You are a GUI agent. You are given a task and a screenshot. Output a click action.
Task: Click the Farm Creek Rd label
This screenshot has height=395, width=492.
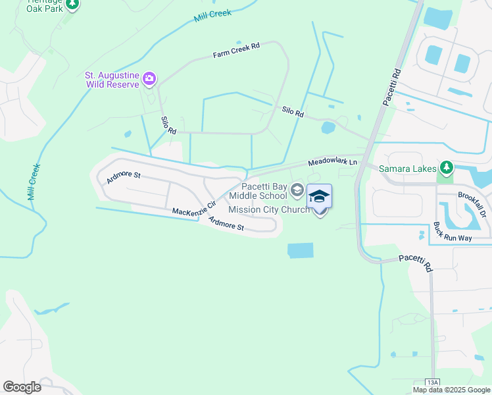tap(237, 49)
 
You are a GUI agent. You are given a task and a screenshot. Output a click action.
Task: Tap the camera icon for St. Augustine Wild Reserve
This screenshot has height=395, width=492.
tap(149, 80)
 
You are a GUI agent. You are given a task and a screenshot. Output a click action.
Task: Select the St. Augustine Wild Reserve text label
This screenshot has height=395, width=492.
tap(112, 80)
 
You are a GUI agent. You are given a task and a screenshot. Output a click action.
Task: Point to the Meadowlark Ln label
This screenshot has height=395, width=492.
tap(332, 162)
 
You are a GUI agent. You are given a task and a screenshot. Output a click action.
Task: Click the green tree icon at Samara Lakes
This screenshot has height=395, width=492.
tap(447, 169)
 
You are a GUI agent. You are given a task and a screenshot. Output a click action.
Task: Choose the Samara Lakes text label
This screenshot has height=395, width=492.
tap(408, 169)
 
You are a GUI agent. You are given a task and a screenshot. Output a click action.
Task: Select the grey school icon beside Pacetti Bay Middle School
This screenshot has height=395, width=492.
tap(297, 191)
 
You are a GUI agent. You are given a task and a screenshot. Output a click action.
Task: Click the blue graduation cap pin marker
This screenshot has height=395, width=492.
tap(319, 197)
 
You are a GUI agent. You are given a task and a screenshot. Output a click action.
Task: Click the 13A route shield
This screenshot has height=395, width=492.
tap(432, 382)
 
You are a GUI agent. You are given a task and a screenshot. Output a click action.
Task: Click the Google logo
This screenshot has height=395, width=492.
tap(22, 387)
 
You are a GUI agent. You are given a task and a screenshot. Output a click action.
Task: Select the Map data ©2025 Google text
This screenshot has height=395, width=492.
tap(451, 390)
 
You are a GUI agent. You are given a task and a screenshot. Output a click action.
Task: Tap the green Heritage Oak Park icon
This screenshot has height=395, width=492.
tap(72, 4)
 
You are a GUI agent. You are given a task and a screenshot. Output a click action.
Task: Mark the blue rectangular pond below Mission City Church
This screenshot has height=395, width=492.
tap(301, 250)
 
